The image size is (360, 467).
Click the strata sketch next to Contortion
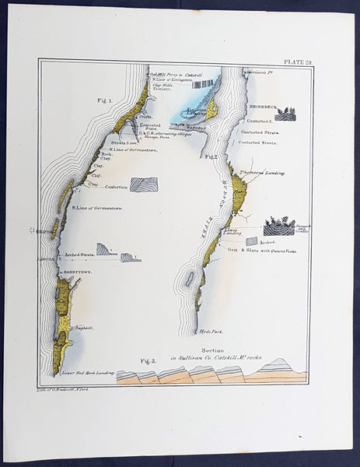pyautogui.click(x=143, y=184)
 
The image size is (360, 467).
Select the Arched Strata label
pyautogui.click(x=77, y=254)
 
